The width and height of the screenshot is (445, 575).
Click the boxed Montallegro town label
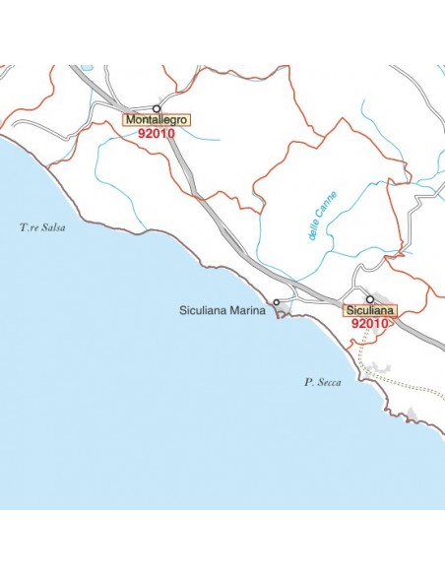pyautogui.click(x=157, y=120)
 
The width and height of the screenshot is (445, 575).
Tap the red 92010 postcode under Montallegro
pyautogui.click(x=157, y=133)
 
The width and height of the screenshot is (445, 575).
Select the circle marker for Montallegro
pyautogui.click(x=156, y=108)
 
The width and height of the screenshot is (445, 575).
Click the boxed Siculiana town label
pyautogui.click(x=370, y=310)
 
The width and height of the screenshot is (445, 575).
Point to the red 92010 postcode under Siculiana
pyautogui.click(x=370, y=323)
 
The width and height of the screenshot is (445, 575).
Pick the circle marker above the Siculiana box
pyautogui.click(x=370, y=298)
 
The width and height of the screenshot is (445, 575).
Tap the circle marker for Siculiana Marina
pyautogui.click(x=277, y=302)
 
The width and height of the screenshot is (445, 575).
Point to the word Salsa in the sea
pyautogui.click(x=52, y=228)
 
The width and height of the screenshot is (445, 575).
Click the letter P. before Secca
pyautogui.click(x=307, y=382)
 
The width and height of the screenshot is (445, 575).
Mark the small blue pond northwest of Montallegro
pyautogui.click(x=88, y=68)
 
